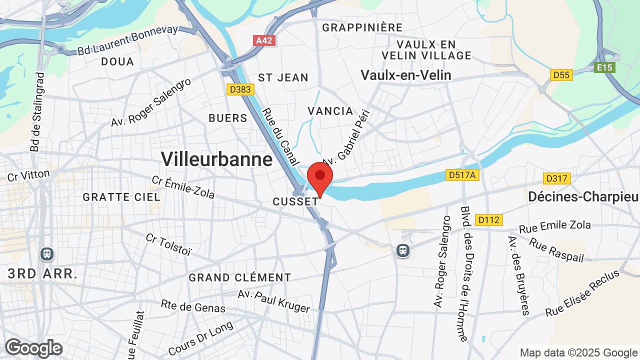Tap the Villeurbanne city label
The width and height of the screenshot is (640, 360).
point(216,159)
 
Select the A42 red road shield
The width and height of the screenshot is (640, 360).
point(264,40)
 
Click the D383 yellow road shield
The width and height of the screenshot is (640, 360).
point(240,89)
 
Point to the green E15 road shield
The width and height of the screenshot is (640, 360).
point(604,67)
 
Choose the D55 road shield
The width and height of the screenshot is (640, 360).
point(561,75)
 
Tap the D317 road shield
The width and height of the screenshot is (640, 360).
point(557,178)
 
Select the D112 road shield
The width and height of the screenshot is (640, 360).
point(488,219)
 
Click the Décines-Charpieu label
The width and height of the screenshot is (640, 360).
point(583,196)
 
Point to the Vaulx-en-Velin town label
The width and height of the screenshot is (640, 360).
point(406,75)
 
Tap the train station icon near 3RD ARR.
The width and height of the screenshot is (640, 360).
point(47,254)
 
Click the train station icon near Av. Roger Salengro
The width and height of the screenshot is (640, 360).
point(402,250)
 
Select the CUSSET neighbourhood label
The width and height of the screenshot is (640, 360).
point(295,201)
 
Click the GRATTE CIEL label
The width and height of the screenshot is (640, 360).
point(121,197)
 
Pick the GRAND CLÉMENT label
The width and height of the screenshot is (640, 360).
point(239,277)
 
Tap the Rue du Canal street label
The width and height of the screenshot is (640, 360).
point(280,136)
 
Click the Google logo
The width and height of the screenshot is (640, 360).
point(34,348)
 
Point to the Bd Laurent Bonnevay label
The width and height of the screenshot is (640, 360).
point(127,40)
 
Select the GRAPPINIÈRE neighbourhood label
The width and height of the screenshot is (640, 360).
point(362,27)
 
